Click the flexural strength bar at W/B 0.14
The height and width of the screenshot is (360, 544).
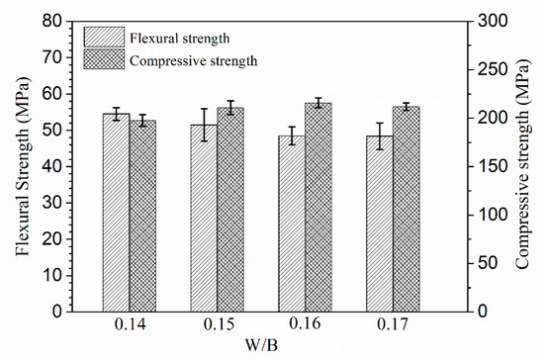point(116,212)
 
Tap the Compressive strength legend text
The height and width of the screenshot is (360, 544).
point(194,60)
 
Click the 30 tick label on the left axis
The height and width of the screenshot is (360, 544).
point(58,202)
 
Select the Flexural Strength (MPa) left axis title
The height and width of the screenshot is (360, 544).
point(22,165)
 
